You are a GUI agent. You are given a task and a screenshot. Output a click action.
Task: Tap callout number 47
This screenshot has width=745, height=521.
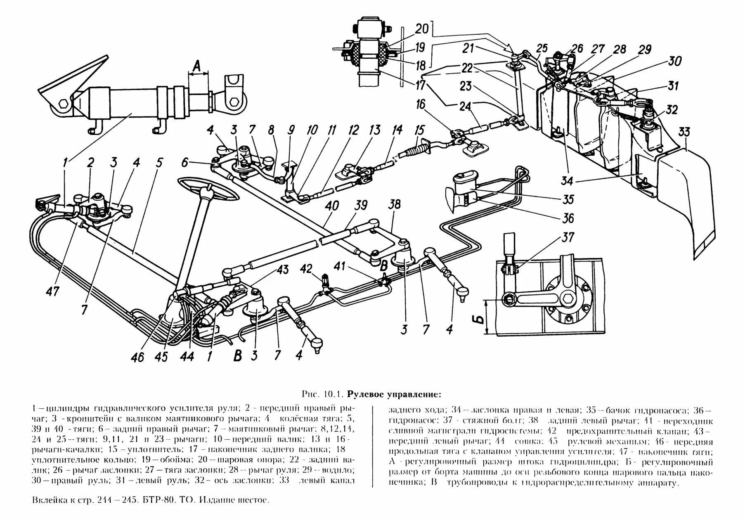pyautogui.click(x=52, y=291)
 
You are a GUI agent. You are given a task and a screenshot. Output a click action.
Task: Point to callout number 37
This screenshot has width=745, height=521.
pyautogui.click(x=567, y=238)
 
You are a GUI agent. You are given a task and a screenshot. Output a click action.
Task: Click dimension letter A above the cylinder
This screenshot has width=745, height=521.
pyautogui.click(x=198, y=65)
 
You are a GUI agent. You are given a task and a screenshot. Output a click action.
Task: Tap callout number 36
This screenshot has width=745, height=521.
pyautogui.click(x=568, y=218)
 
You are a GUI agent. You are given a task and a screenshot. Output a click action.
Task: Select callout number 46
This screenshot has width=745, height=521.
pyautogui.click(x=137, y=356)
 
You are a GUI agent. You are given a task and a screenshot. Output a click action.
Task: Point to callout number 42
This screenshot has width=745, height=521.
pyautogui.click(x=306, y=269)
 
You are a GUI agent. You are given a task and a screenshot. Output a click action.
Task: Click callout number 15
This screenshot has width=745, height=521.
pyautogui.click(x=419, y=131)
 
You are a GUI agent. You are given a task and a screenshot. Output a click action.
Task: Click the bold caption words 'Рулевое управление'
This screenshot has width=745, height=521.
pyautogui.click(x=394, y=394)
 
